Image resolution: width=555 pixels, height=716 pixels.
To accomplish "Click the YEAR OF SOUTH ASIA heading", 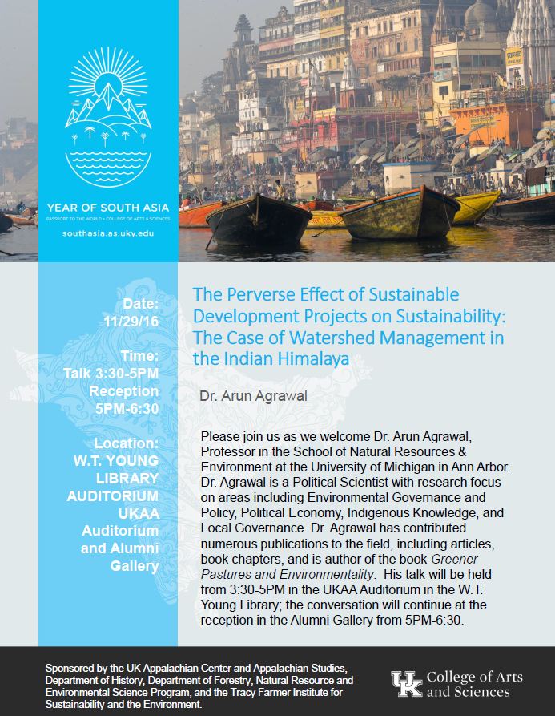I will pyautogui.click(x=108, y=204).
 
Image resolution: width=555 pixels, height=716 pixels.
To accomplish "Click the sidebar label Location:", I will pyautogui.click(x=127, y=443).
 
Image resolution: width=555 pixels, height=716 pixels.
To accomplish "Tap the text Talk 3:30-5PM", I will pyautogui.click(x=112, y=374).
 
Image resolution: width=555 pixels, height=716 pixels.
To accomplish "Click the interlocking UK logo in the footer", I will pyautogui.click(x=405, y=683).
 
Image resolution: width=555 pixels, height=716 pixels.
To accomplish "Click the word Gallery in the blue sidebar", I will pyautogui.click(x=135, y=566).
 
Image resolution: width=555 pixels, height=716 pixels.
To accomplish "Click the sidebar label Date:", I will pyautogui.click(x=140, y=304).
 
